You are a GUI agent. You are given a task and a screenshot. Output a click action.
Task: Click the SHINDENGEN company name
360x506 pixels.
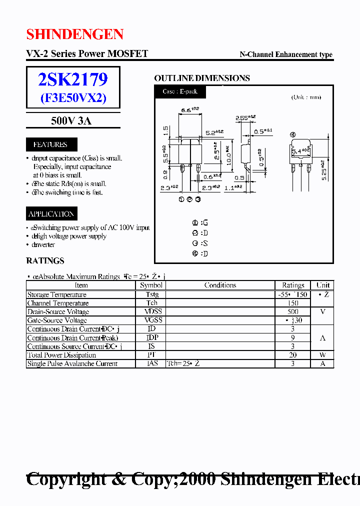[x=75, y=34]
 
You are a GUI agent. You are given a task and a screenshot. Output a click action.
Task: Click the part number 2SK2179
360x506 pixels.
[x=73, y=79]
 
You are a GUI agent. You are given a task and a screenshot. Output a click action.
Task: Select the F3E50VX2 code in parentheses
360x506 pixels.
[x=73, y=98]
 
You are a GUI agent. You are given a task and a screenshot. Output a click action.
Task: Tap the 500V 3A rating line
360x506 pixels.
[x=71, y=120]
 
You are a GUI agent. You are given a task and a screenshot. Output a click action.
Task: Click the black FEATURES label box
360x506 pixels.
[x=50, y=144]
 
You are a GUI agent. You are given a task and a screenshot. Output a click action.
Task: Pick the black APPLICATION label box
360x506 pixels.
[x=51, y=214]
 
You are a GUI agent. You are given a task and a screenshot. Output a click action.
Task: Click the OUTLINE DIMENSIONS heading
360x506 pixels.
[x=202, y=78]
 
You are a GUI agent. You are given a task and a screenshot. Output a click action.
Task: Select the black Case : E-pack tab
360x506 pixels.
[x=180, y=92]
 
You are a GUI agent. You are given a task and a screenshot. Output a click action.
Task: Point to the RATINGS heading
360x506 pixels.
[x=45, y=261]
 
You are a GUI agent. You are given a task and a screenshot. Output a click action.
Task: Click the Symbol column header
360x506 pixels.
[x=151, y=285]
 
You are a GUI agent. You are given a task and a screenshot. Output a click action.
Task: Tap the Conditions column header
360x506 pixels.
[x=220, y=285]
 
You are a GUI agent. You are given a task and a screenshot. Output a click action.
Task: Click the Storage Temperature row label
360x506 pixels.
[x=56, y=294]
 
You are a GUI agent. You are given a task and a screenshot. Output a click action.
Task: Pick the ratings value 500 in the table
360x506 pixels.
[x=293, y=311]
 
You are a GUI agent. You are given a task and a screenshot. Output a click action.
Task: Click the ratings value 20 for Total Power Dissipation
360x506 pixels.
[x=293, y=355]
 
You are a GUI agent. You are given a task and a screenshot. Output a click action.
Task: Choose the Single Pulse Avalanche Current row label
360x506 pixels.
[x=72, y=364]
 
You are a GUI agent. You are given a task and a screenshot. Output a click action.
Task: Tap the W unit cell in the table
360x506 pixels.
[x=322, y=355]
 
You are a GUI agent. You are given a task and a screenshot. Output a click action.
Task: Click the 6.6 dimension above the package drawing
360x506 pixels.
[x=189, y=109]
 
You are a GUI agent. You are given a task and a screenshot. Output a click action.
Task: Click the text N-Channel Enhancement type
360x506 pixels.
[x=286, y=54]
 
